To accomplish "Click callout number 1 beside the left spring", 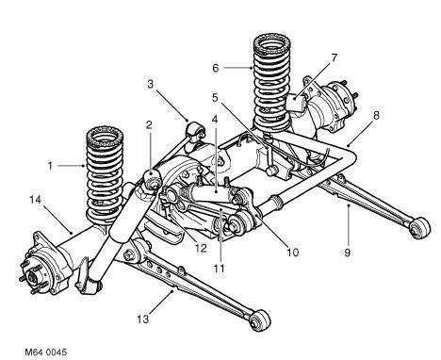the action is tap(50, 166).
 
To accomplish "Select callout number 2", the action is tap(149, 125).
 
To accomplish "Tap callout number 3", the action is tap(151, 84).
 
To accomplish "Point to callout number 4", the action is tap(215, 120).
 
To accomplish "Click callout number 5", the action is tap(215, 98).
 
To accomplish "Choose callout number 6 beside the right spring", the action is tap(216, 68).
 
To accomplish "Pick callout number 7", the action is tap(334, 57).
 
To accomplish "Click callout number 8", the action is tap(376, 115).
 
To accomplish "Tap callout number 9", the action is tap(348, 253).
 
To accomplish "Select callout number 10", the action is tap(293, 252).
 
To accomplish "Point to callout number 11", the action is tap(219, 269).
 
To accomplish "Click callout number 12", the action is tap(201, 248).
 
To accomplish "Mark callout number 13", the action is tap(142, 319).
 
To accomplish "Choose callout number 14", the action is tap(36, 199).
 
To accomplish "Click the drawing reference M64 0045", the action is tap(46, 352).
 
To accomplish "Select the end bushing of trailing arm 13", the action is tap(259, 319).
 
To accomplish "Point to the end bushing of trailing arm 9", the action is tap(420, 227).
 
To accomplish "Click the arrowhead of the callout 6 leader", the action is tap(251, 68).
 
